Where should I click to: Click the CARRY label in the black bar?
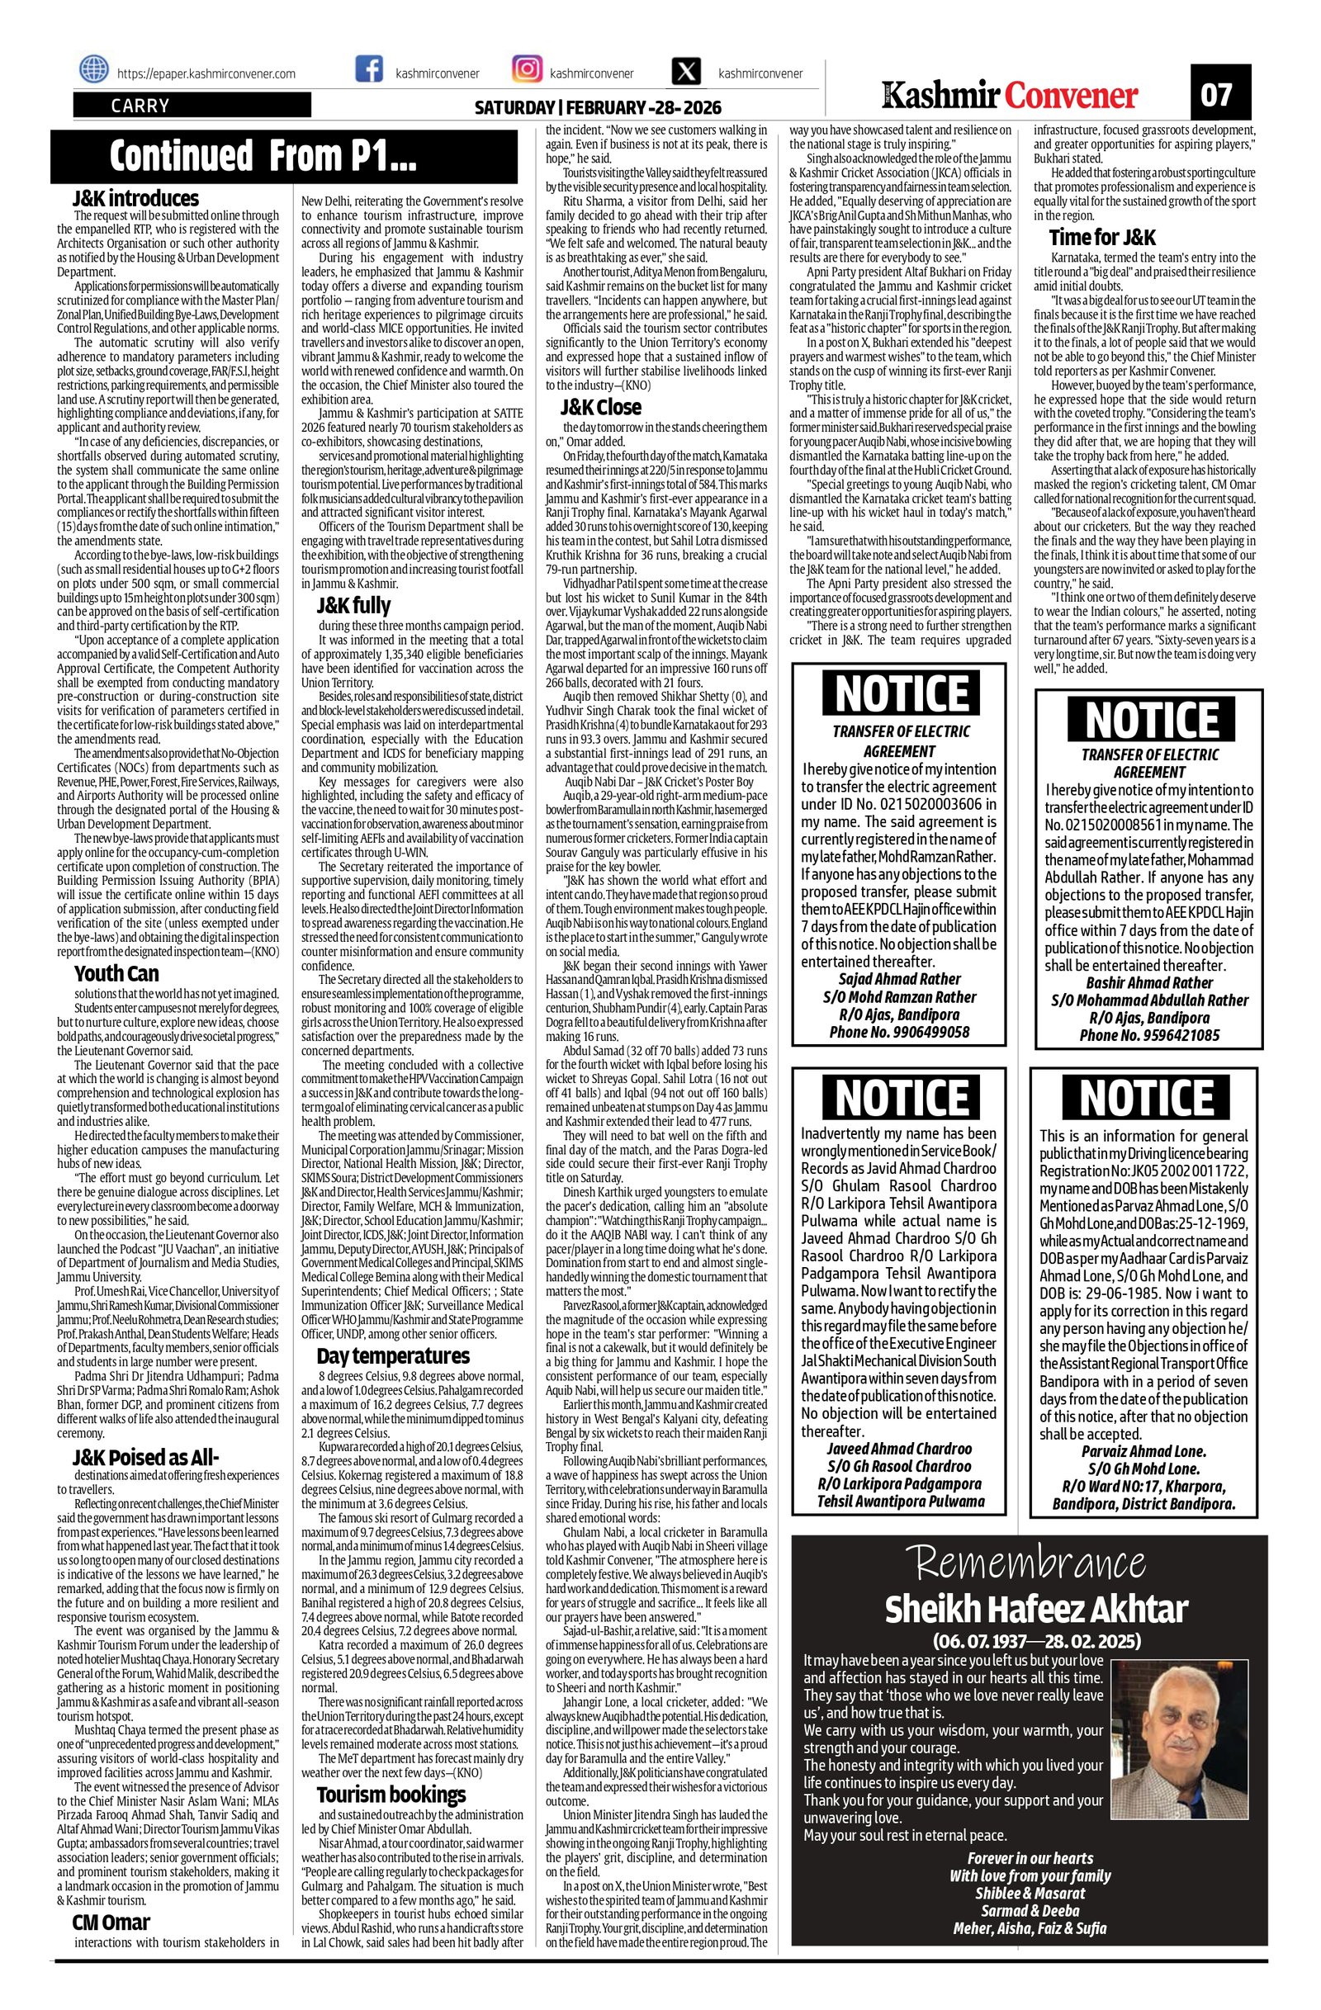click(x=140, y=106)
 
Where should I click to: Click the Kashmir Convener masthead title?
click(x=1011, y=96)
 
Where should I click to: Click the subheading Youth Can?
click(x=116, y=973)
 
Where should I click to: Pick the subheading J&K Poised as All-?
click(x=146, y=1458)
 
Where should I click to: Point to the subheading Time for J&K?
click(x=1101, y=237)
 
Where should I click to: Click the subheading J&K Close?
click(x=601, y=408)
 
